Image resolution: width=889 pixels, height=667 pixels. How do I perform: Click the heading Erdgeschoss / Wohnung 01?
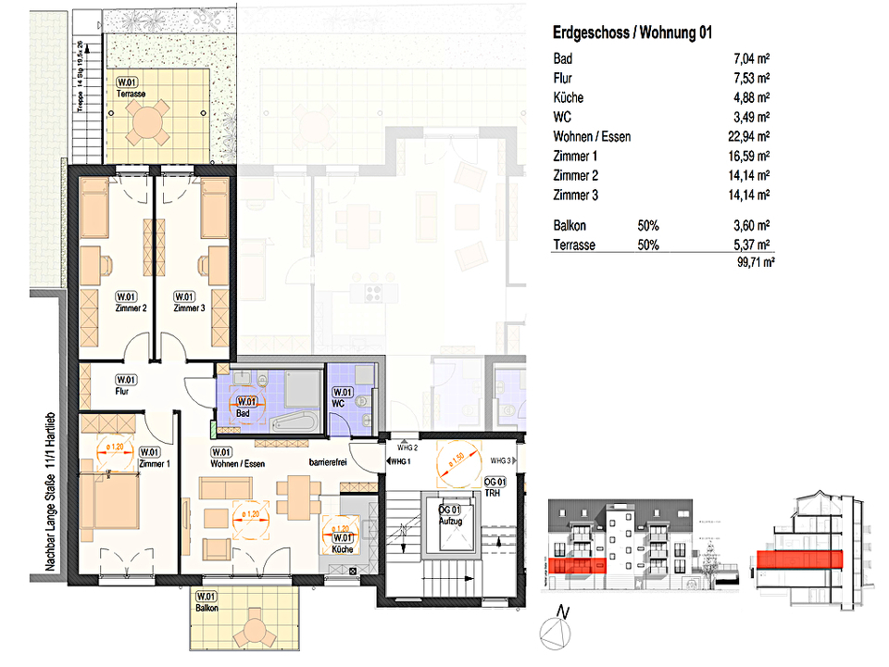click(x=632, y=33)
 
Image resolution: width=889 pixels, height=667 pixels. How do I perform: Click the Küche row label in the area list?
click(x=568, y=98)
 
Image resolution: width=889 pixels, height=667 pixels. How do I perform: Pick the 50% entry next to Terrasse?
click(x=648, y=245)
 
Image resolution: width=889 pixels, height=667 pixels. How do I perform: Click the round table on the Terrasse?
click(x=148, y=120)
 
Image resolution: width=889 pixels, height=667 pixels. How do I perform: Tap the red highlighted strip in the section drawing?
click(x=799, y=559)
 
